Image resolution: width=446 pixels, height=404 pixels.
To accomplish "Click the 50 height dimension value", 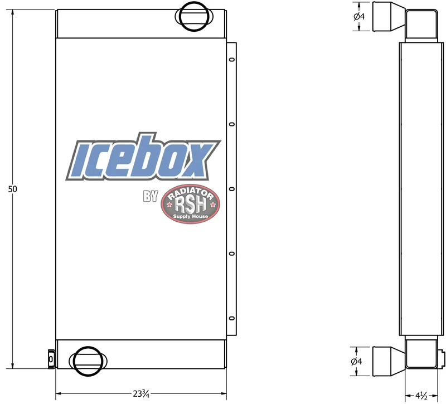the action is coord(12,189).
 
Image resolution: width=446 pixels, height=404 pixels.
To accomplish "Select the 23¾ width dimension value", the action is coord(141,394).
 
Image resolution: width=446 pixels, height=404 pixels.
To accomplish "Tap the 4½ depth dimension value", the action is coord(421,396).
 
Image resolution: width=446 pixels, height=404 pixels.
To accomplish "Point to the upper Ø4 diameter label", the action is coord(359,17).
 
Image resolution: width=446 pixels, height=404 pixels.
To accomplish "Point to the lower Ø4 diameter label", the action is coord(356,361).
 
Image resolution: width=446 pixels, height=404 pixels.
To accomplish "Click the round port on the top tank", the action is coord(193,16).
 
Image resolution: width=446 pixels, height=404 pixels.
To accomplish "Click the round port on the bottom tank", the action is coord(88,361).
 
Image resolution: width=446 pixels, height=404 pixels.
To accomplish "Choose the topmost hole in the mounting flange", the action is coord(232,60).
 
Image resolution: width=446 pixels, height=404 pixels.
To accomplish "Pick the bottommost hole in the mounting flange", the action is coord(232,318).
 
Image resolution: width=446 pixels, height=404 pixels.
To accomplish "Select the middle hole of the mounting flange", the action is coord(232,189).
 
